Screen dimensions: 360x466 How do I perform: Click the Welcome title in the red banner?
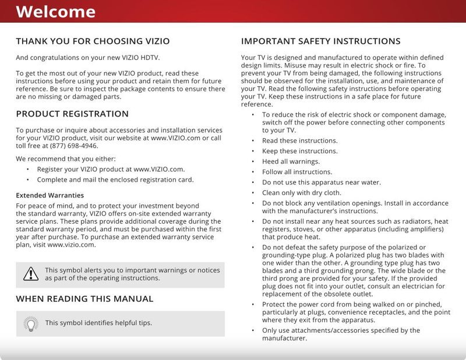pos(55,12)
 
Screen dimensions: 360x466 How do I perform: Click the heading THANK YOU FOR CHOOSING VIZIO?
pos(93,41)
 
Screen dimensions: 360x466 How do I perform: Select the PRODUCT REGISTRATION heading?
pos(72,114)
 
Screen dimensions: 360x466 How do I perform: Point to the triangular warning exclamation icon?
pos(30,274)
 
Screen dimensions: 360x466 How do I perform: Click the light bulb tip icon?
pos(30,323)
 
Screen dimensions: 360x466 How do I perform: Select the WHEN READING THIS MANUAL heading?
pos(84,299)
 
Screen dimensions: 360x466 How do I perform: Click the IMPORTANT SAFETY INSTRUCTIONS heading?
pos(320,41)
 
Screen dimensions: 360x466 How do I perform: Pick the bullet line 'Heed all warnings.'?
pos(291,161)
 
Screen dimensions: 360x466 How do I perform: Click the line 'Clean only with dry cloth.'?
pos(302,193)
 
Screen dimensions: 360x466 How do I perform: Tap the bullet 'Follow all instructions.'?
pos(297,172)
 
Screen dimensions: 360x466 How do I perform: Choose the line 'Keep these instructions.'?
pos(299,151)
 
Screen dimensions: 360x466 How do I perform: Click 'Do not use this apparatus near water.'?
pos(321,182)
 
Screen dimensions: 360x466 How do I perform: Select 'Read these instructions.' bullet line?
pos(299,140)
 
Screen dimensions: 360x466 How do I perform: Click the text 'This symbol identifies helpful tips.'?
pos(98,323)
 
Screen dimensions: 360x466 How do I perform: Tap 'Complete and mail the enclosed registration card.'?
pos(115,179)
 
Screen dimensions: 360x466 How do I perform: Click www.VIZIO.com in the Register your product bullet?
pos(159,169)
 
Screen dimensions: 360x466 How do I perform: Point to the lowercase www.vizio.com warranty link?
pos(71,245)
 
